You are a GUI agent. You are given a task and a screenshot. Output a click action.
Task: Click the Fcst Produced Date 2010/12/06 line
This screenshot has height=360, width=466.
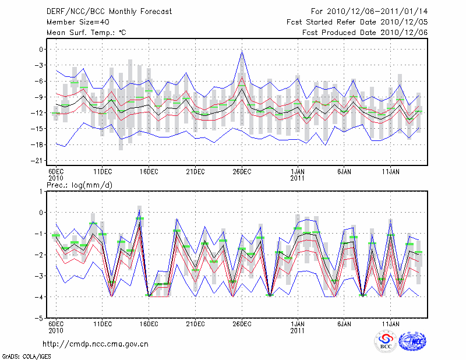365,32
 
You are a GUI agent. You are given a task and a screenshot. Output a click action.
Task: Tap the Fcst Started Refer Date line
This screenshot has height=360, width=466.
357,22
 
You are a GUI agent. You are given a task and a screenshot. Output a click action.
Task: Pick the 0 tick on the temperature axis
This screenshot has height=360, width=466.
41,49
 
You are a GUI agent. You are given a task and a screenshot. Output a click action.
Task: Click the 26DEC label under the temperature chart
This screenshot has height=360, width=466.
242,171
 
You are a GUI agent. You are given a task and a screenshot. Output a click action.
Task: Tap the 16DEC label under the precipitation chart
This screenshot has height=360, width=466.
149,323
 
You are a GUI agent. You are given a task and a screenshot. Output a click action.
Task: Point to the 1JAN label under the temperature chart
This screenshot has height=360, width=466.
298,171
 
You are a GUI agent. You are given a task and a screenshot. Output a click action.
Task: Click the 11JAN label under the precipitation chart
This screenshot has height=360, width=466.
390,323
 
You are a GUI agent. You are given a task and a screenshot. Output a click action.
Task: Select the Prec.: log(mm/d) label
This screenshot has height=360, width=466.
80,185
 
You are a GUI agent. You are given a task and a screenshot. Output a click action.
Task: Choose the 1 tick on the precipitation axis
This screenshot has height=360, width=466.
41,191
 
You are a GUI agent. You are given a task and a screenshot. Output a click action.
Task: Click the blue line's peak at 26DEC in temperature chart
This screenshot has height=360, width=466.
242,52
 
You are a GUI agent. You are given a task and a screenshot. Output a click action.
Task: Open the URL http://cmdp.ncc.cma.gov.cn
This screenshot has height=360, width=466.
96,344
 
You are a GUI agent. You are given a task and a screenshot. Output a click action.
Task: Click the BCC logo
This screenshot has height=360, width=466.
385,342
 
